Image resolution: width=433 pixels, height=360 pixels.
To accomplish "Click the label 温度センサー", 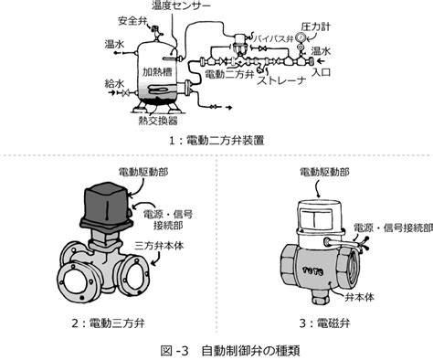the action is (x=181, y=5).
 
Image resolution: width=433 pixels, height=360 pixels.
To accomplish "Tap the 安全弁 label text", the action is (x=132, y=22).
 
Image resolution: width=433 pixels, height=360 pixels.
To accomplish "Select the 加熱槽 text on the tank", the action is (x=157, y=71).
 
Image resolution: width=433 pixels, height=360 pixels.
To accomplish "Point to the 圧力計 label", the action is (x=315, y=26).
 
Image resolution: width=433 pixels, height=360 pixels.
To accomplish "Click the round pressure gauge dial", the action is (x=301, y=37).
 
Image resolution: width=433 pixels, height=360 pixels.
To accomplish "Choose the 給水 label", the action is (x=114, y=83).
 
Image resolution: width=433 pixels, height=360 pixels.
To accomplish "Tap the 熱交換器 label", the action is (x=158, y=121).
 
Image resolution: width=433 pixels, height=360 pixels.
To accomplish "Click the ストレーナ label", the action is (x=281, y=80).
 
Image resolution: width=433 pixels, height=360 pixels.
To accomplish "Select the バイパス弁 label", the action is (x=273, y=38).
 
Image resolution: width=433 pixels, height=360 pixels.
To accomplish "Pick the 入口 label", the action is (x=321, y=72).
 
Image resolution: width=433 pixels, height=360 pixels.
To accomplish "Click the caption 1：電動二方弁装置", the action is (x=216, y=141).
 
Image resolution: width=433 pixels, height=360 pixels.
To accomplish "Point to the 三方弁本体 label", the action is (x=159, y=246).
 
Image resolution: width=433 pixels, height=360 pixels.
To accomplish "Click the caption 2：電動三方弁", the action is (x=108, y=323).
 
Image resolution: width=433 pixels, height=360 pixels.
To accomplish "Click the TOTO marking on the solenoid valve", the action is (x=312, y=270).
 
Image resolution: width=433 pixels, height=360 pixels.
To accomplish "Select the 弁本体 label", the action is (x=359, y=297).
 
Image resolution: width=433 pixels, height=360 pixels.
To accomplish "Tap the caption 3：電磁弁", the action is (x=324, y=323).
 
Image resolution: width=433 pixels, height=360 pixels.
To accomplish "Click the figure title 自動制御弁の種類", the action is (x=250, y=351).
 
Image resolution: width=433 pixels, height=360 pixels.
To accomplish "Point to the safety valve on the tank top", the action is (x=156, y=32).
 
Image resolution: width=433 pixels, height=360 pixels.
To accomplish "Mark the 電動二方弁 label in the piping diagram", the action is (x=229, y=74).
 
